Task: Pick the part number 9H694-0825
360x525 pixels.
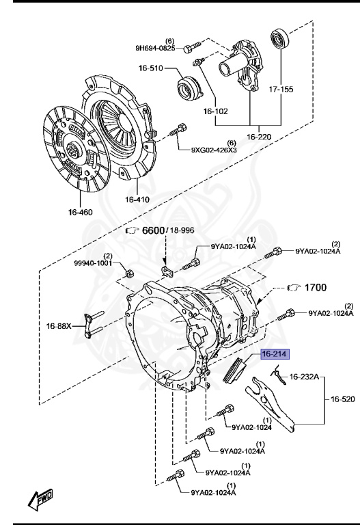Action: pyautogui.click(x=154, y=49)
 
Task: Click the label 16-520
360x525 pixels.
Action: pyautogui.click(x=344, y=399)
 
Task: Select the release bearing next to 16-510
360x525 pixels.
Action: pyautogui.click(x=185, y=88)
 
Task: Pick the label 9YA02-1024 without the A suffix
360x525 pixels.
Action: pyautogui.click(x=252, y=428)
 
